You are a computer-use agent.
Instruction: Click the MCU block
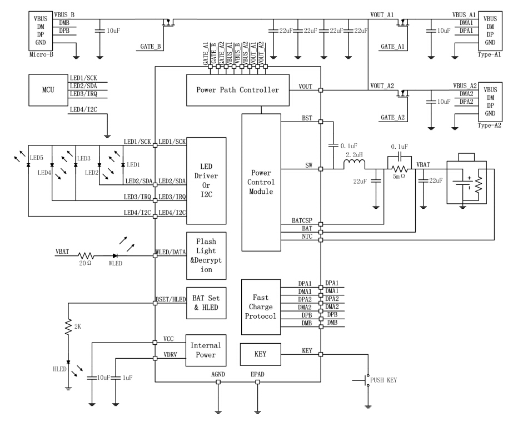[48, 89]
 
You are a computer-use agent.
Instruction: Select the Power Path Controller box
[237, 89]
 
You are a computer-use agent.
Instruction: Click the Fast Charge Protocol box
[261, 307]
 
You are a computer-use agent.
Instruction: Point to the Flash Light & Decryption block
[206, 255]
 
